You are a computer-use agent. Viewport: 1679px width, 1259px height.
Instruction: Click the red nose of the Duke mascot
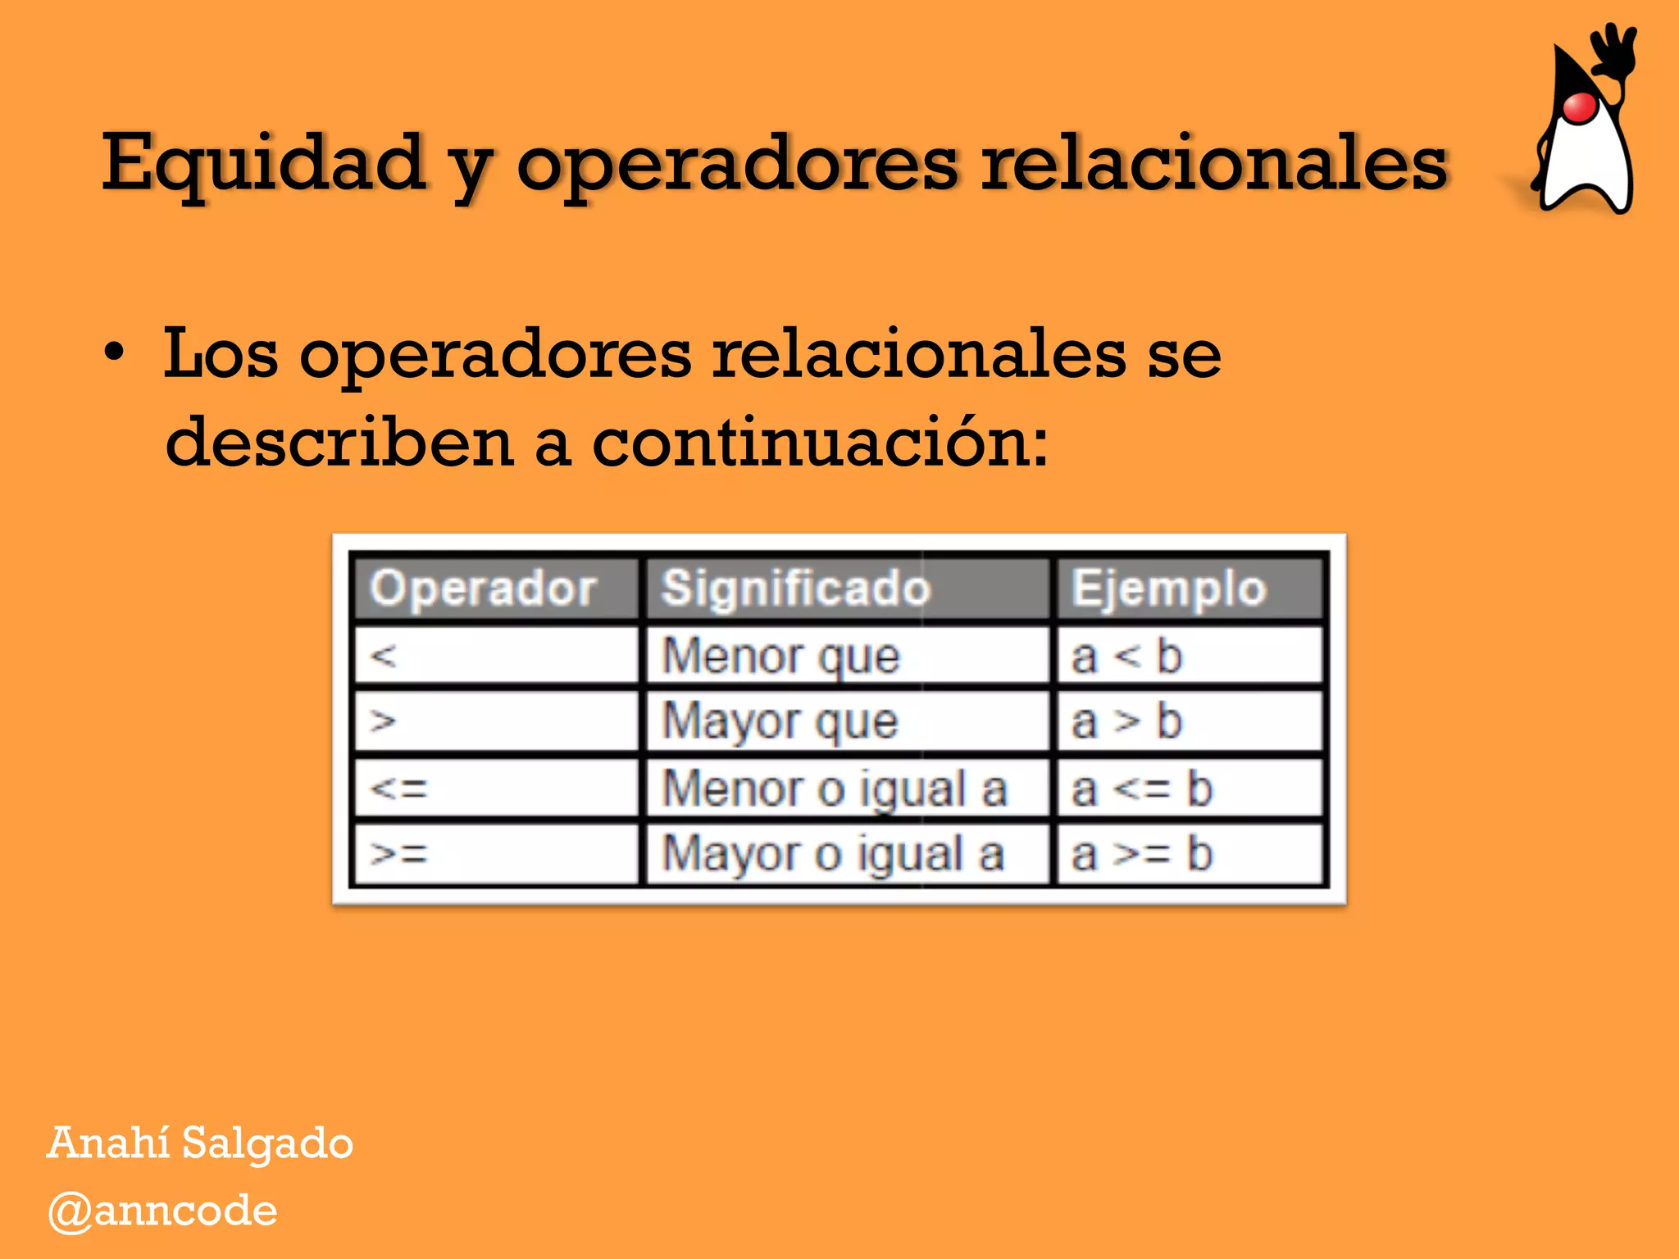[x=1579, y=107]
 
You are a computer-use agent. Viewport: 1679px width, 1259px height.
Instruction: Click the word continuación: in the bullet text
[x=819, y=442]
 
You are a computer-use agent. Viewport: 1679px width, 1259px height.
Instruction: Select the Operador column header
[x=483, y=588]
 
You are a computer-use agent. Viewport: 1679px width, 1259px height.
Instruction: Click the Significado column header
[x=796, y=588]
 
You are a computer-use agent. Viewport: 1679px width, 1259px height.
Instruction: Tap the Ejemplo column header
[x=1169, y=588]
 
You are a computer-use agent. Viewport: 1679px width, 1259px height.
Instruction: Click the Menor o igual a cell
[x=834, y=789]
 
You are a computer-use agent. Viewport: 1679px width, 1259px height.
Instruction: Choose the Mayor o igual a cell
[x=833, y=854]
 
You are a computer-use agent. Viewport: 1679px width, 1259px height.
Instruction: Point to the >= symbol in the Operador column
[x=399, y=854]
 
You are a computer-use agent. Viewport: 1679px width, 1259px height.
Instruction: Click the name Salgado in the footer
[x=267, y=1143]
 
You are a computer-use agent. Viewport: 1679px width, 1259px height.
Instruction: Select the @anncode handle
[x=163, y=1211]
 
